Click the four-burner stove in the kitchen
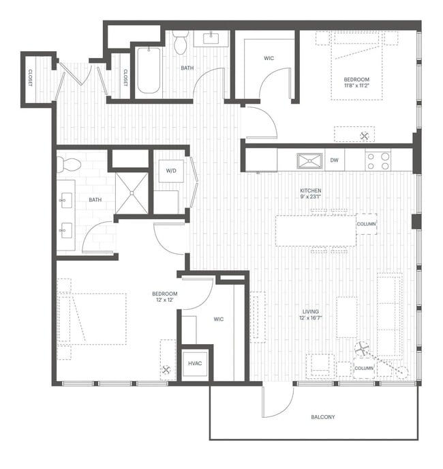tap(378, 160)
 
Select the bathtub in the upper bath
tap(148, 70)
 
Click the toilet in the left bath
tap(68, 165)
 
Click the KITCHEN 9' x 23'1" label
tap(311, 195)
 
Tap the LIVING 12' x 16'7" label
tap(310, 315)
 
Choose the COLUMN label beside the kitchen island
tap(366, 224)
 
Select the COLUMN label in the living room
tap(364, 369)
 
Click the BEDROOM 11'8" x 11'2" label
tap(356, 83)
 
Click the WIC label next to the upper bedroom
tap(269, 58)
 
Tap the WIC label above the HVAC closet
tap(219, 319)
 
